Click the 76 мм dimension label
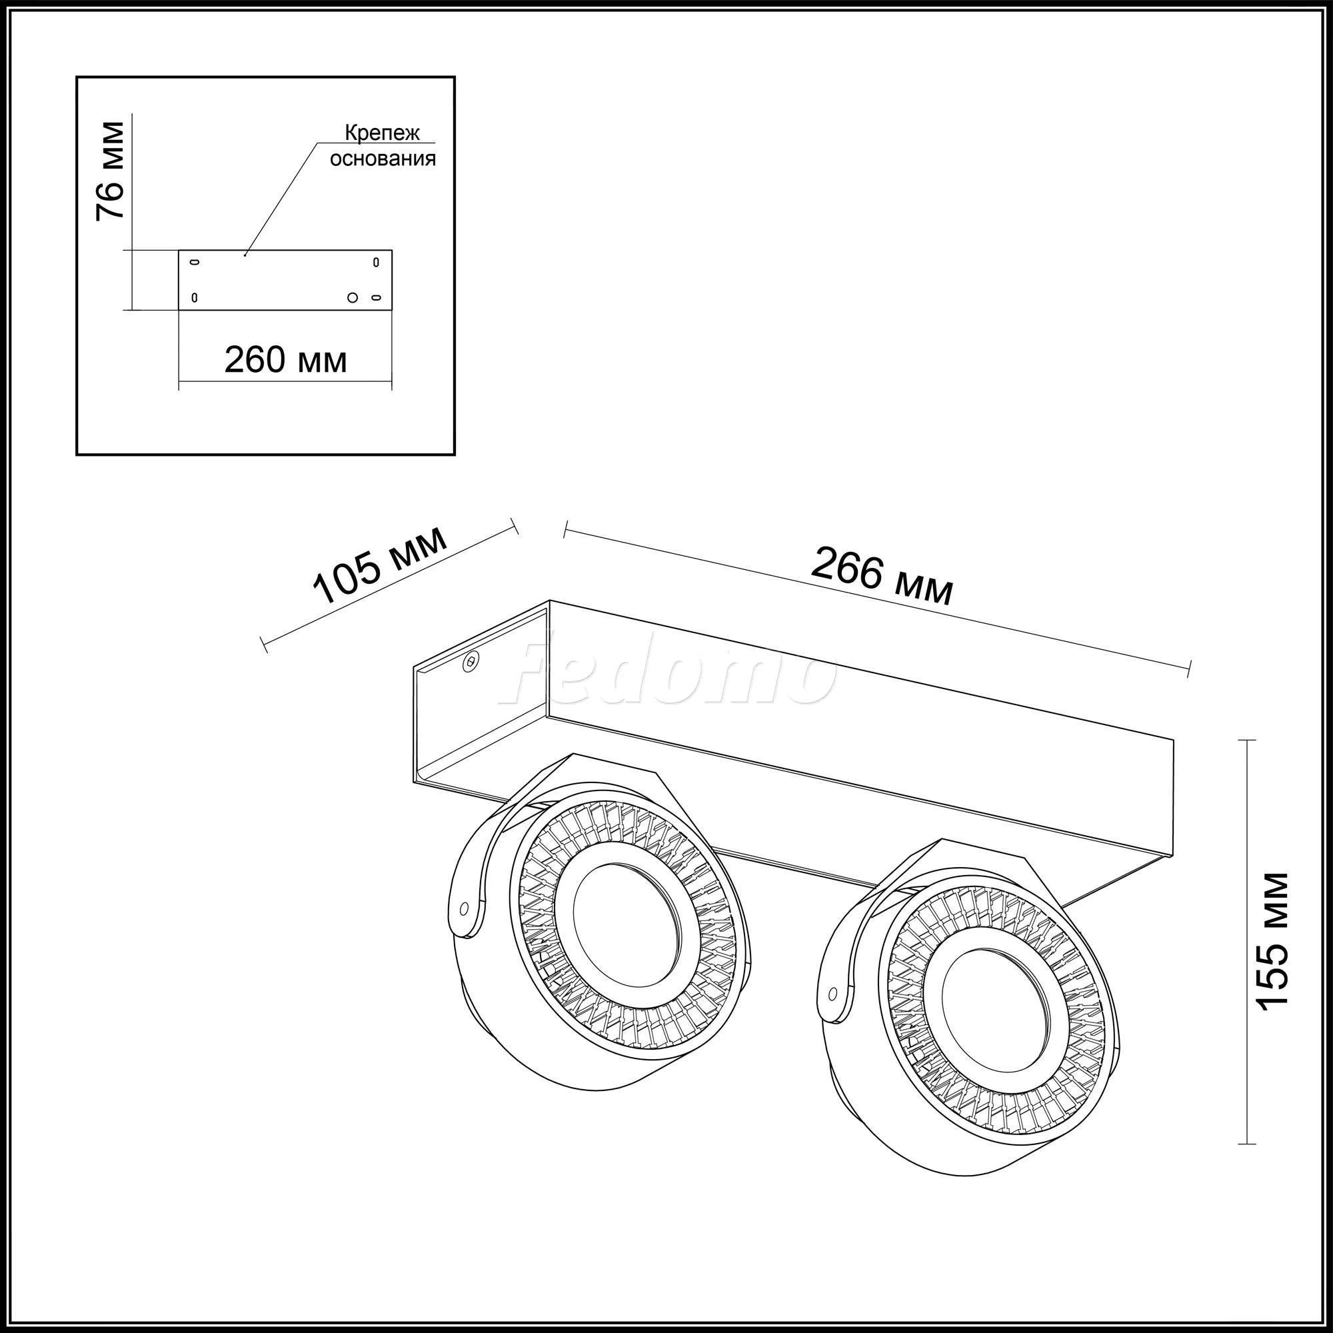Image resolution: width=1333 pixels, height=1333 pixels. (111, 171)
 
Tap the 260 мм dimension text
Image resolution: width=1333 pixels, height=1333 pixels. (285, 359)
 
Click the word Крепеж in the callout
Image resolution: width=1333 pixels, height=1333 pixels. (382, 133)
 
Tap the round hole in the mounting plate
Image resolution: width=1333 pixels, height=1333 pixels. (353, 297)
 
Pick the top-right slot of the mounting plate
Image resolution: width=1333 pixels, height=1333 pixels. (376, 262)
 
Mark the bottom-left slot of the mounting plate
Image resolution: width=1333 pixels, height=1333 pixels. (195, 297)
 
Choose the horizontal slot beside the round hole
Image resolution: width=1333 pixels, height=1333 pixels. (377, 297)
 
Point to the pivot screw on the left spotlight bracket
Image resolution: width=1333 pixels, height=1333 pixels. (464, 907)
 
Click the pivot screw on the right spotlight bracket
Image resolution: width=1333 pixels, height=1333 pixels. (832, 993)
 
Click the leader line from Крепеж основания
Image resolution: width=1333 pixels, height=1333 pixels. (281, 199)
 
